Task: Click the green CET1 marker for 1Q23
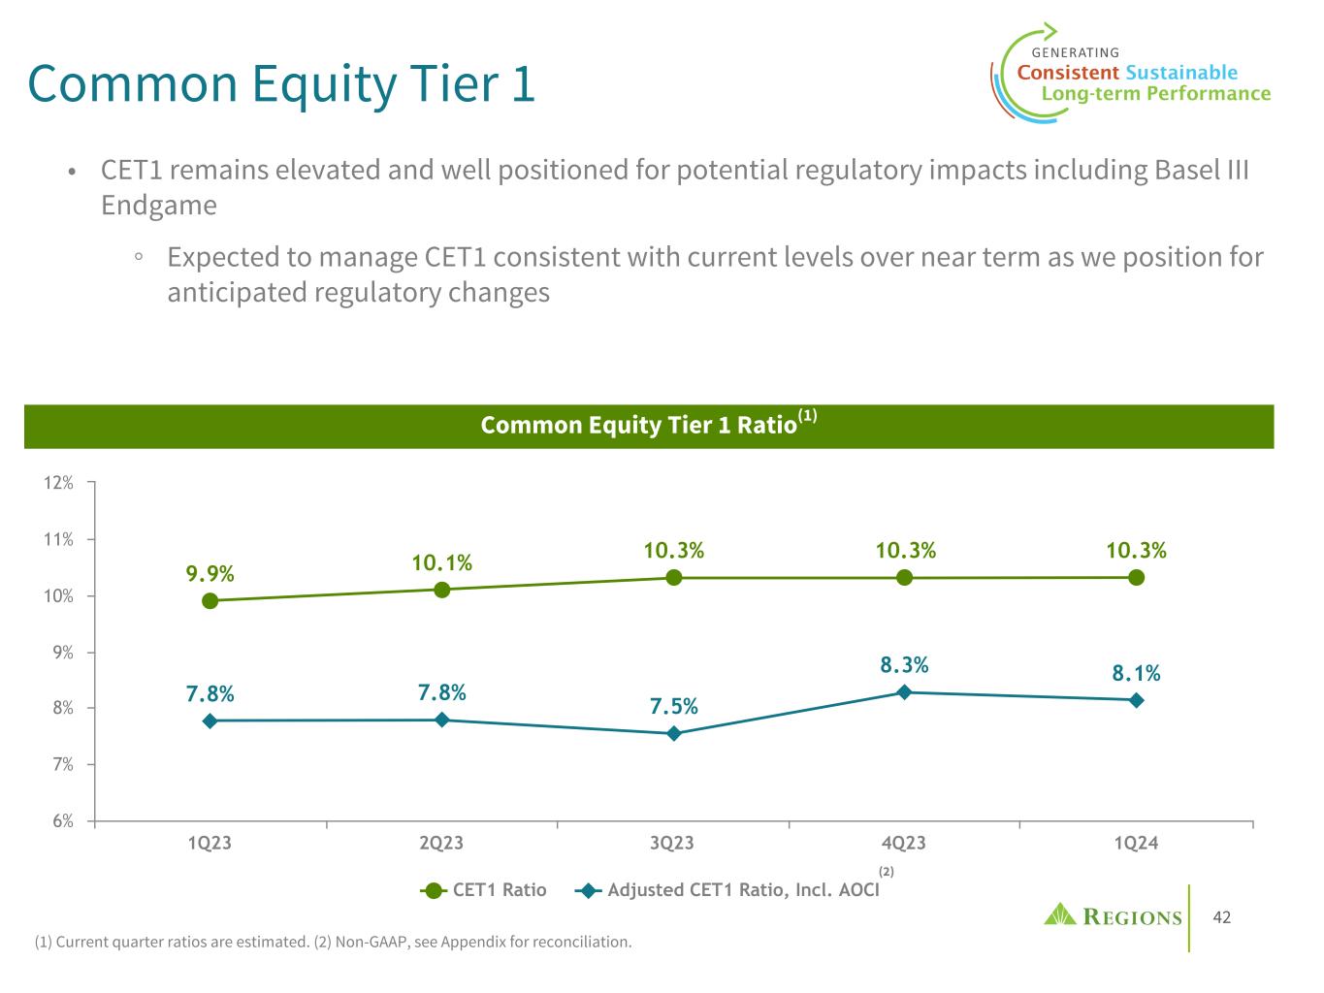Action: click(210, 601)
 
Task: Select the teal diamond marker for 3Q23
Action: click(673, 734)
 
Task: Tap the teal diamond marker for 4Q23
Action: click(904, 692)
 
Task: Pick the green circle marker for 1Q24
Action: click(1136, 578)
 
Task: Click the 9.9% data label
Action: click(210, 573)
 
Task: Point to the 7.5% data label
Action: click(674, 706)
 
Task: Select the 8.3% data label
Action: click(904, 665)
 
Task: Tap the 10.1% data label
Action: click(441, 562)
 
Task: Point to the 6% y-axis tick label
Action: click(61, 821)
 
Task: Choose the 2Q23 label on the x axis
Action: click(441, 844)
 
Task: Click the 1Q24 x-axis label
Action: click(1136, 844)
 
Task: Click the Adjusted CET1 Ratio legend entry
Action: click(743, 890)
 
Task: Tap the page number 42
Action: click(1221, 917)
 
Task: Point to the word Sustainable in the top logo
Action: click(1181, 73)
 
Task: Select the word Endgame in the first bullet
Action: click(159, 206)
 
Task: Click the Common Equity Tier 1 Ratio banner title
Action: click(639, 426)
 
